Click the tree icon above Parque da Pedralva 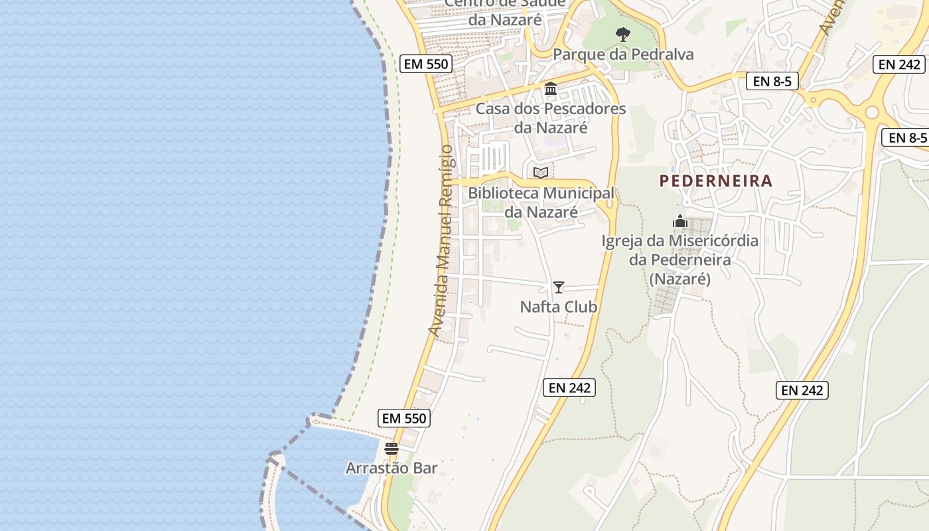pos(622,34)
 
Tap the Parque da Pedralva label pos(623,54)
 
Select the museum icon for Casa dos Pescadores pos(551,88)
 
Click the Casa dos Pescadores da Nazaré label pos(551,117)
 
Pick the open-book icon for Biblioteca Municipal pos(541,173)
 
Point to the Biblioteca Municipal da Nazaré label pos(541,202)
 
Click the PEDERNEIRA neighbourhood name pos(716,181)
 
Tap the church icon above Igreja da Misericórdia pos(680,221)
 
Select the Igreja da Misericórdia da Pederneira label pos(679,260)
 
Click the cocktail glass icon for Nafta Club pos(559,287)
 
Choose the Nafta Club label pos(559,307)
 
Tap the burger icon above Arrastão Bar pos(392,449)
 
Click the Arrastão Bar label pos(392,468)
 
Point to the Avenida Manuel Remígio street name pos(441,240)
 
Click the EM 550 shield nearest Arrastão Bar pos(404,418)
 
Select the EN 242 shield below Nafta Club pos(569,388)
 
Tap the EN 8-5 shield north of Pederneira pos(772,82)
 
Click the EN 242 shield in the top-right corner pos(900,64)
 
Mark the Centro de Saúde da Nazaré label pos(505,11)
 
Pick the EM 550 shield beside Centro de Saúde pos(427,64)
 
